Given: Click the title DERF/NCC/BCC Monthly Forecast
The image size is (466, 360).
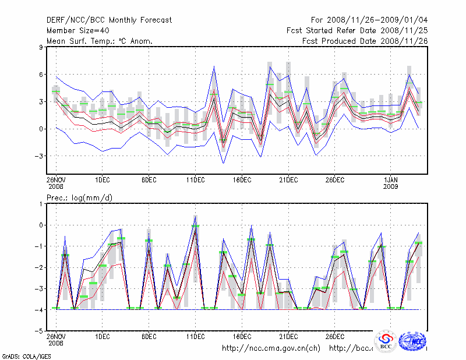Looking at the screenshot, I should [109, 20].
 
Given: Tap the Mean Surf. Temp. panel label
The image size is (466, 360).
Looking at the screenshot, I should [100, 41].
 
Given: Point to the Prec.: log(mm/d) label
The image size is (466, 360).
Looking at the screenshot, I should [80, 198].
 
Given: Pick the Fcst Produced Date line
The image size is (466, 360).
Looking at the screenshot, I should [365, 41].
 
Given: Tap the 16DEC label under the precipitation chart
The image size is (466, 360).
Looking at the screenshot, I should [242, 336].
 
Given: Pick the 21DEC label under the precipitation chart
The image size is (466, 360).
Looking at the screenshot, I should [288, 336].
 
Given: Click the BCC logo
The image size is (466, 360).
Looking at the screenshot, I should [386, 340].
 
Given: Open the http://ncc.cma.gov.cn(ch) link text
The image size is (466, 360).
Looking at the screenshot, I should [271, 348].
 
